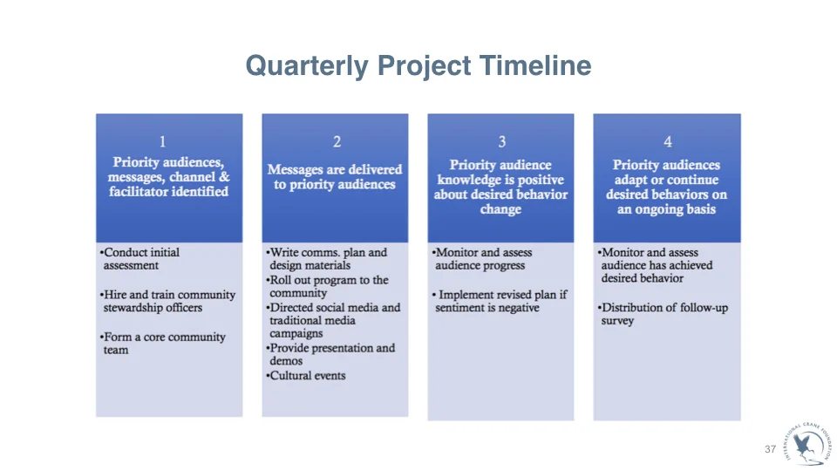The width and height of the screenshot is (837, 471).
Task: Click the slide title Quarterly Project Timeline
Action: point(418,65)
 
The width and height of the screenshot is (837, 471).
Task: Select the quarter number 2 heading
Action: point(337,141)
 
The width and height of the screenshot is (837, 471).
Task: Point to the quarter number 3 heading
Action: point(501,141)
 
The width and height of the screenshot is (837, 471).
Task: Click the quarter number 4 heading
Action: point(667,141)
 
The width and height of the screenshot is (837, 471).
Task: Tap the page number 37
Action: point(770,449)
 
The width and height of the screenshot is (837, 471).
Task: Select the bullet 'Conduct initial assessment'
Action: point(141,259)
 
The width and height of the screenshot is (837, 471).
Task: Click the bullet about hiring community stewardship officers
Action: point(167,301)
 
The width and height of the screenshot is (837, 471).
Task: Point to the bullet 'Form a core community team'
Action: point(163,344)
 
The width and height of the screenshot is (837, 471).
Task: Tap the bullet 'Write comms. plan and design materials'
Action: point(327,259)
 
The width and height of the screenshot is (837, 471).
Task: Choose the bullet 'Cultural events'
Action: point(307,376)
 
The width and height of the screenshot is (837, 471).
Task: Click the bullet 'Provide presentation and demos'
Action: point(331,354)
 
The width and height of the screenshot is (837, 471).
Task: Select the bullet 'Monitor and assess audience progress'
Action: point(483,259)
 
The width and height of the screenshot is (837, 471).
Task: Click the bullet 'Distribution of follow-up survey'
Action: point(663,314)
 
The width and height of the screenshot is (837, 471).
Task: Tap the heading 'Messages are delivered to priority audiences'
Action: point(335,177)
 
